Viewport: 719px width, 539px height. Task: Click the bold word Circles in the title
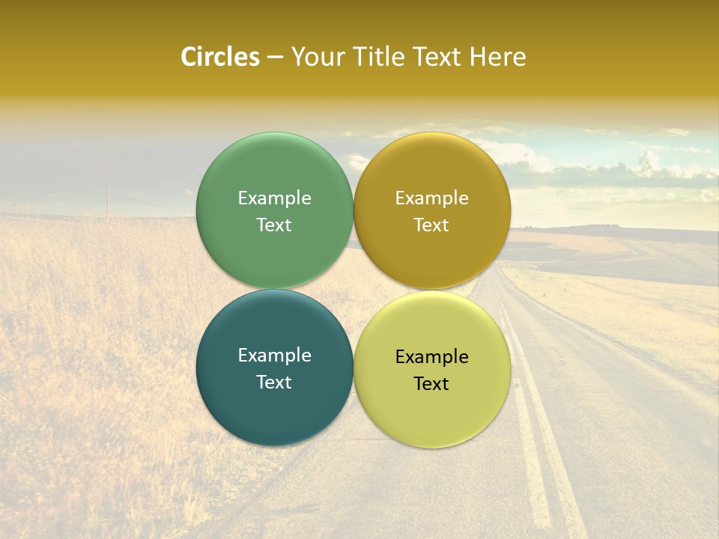[219, 57]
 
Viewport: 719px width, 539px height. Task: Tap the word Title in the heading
[377, 57]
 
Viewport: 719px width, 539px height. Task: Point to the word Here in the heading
[498, 57]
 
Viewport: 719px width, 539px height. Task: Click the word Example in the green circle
[274, 198]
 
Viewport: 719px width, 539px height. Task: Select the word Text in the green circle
[274, 225]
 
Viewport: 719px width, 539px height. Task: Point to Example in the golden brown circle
[431, 198]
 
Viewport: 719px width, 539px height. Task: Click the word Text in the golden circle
[431, 225]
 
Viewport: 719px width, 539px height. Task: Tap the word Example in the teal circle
[274, 356]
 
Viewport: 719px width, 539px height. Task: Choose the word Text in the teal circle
[274, 383]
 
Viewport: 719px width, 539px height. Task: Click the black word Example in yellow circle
[431, 357]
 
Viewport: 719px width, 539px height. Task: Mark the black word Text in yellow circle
[431, 384]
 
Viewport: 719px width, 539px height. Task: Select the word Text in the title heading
[437, 57]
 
